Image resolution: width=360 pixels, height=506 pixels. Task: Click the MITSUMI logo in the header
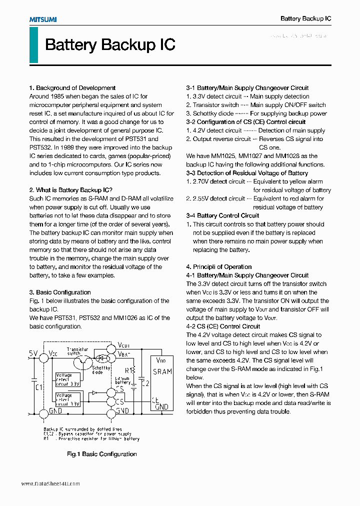[x=42, y=19]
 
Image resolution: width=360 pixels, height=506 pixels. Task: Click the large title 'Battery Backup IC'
[x=110, y=45]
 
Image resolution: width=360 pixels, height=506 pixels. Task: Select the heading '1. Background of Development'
[x=72, y=88]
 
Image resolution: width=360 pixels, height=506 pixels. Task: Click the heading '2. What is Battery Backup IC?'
[x=70, y=190]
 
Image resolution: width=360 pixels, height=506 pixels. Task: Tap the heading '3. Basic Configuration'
[x=60, y=292]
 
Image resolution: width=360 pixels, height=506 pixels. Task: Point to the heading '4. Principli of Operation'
[x=219, y=267]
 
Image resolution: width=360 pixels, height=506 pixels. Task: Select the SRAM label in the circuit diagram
[x=162, y=371]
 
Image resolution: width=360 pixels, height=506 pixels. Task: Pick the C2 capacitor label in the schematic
[x=145, y=383]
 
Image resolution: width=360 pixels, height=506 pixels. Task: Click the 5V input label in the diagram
[x=33, y=353]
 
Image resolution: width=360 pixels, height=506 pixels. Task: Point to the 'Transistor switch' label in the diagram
[x=77, y=351]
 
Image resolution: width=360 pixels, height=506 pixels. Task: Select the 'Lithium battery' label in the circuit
[x=122, y=380]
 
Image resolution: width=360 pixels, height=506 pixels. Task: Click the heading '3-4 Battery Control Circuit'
[x=222, y=216]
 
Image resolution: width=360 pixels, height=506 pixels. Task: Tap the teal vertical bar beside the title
[x=33, y=45]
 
